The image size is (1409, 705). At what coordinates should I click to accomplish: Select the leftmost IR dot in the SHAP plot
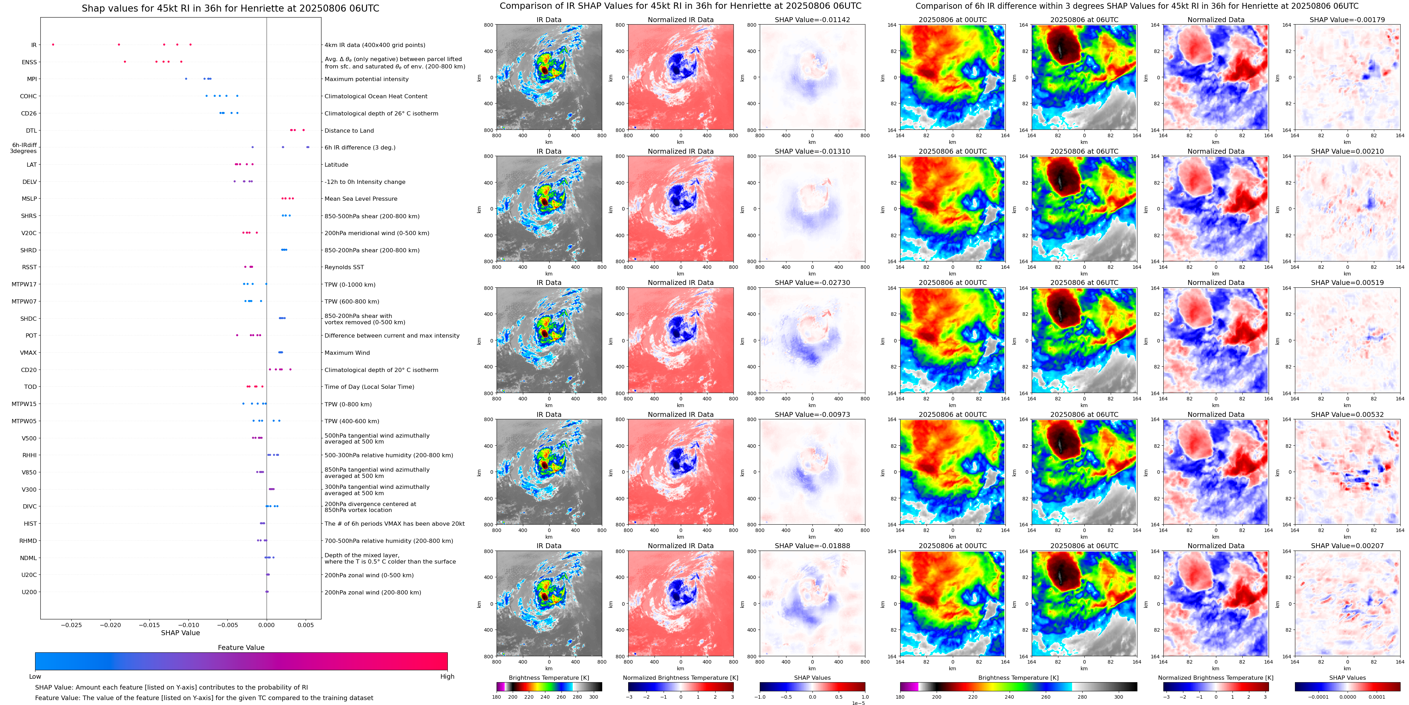pos(53,44)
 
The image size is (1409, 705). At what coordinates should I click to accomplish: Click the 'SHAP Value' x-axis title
pos(180,633)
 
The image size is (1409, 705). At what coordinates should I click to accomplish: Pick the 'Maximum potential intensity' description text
pos(366,79)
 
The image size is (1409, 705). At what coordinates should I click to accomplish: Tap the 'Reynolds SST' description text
pos(344,267)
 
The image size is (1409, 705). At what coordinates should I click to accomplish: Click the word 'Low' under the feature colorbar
pos(35,677)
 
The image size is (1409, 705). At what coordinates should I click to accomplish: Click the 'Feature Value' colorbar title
pos(241,647)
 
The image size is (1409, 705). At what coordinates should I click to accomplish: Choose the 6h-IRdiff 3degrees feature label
pos(24,148)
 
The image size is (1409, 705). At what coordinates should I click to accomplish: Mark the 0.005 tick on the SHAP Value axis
pos(306,625)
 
